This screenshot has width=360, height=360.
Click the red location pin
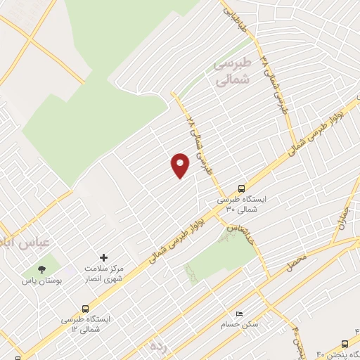point(180,165)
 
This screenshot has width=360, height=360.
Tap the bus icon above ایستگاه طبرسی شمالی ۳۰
point(242,188)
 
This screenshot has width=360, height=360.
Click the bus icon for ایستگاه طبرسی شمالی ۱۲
point(86,308)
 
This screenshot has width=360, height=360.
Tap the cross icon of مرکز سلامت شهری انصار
point(104,258)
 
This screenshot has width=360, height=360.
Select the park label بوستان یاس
point(44,281)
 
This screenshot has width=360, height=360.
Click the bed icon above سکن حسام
point(240,314)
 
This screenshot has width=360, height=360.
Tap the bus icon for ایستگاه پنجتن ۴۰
point(345,344)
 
